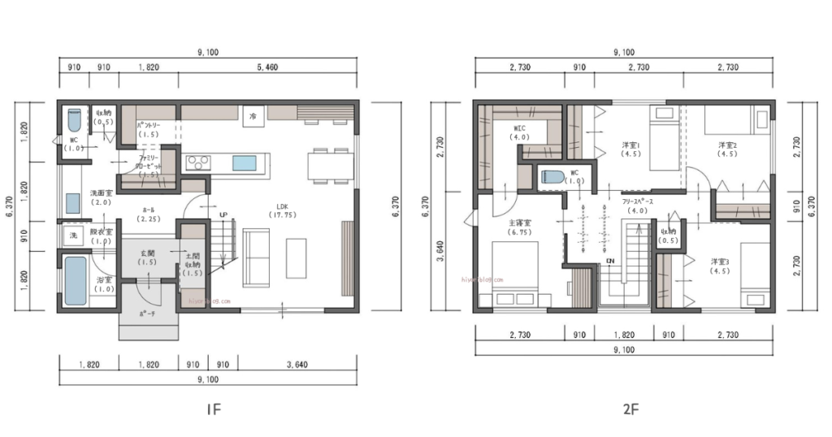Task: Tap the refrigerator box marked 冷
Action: pos(253,117)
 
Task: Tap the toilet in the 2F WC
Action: pos(553,177)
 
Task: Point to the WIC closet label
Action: pos(520,130)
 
